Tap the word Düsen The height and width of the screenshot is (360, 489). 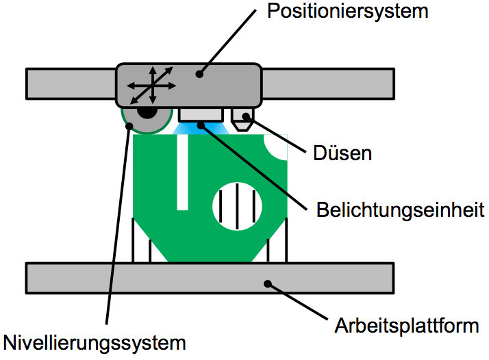[x=342, y=153]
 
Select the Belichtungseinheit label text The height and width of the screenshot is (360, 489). [x=401, y=209]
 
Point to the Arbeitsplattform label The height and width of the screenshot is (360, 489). [x=406, y=325]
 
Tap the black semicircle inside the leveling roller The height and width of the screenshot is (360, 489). [x=146, y=112]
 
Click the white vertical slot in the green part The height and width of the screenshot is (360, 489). [x=182, y=172]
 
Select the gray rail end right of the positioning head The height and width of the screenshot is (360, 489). [x=327, y=83]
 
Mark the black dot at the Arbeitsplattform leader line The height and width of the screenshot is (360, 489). [x=269, y=283]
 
